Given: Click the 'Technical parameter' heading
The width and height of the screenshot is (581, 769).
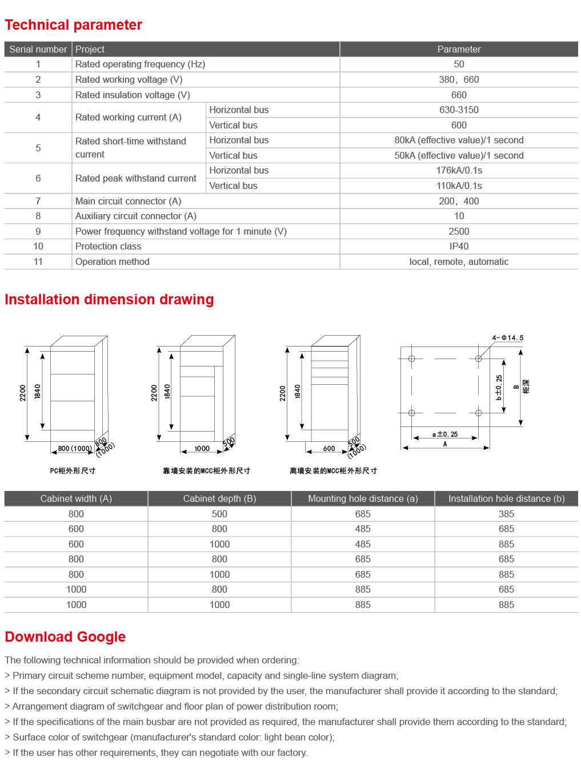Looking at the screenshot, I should click(x=73, y=25).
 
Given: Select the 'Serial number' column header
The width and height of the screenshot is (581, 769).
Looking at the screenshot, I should click(x=38, y=49).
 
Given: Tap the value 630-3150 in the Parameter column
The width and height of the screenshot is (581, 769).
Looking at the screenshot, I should click(x=459, y=110).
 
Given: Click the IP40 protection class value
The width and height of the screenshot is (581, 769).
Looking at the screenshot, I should click(x=459, y=246).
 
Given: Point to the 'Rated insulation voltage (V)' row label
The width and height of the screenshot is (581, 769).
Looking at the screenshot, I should click(x=133, y=95).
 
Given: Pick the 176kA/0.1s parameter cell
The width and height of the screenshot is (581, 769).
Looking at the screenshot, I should click(x=459, y=170).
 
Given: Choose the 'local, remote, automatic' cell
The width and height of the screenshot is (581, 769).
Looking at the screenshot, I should click(x=459, y=261).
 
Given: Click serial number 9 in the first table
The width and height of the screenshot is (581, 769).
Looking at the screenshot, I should click(x=38, y=231).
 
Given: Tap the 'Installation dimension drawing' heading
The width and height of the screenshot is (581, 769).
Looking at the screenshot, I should click(x=109, y=300).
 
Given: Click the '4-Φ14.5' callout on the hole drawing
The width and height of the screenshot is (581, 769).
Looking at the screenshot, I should click(x=507, y=338).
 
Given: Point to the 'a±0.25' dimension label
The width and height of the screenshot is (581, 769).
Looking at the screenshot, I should click(x=445, y=434).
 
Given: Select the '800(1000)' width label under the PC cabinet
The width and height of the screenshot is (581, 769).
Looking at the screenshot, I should click(x=74, y=449).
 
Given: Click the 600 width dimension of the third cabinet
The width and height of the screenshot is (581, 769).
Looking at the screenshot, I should click(x=329, y=449).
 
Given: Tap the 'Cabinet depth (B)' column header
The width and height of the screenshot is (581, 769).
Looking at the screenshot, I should click(x=219, y=498).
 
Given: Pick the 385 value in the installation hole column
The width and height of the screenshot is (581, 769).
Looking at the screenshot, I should click(x=506, y=514).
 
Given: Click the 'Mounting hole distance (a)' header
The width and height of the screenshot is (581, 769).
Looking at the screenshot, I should click(x=363, y=498).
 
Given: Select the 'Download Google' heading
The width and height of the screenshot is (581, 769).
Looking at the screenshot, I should click(x=65, y=637).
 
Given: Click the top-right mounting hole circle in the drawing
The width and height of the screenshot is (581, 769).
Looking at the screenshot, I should click(x=479, y=359).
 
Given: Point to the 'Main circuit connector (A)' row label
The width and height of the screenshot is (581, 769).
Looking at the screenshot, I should click(x=129, y=201).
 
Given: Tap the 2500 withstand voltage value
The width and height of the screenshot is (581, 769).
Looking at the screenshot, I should click(x=459, y=231).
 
